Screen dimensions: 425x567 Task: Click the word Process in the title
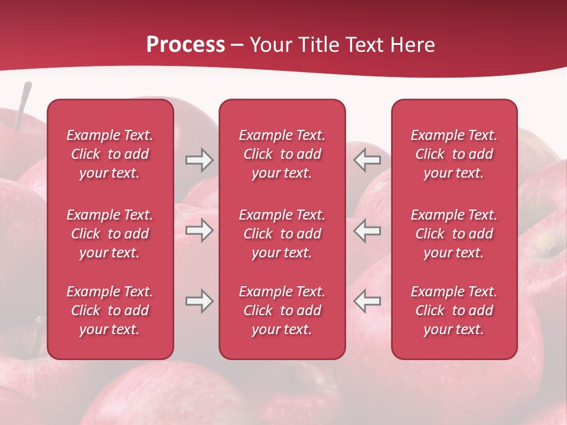(185, 45)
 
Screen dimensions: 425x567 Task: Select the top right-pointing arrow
(199, 160)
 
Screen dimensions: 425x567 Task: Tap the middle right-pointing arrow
(199, 230)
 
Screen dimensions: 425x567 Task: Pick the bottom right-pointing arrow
(199, 301)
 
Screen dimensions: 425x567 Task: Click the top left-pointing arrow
(367, 160)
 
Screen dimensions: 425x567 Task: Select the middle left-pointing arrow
(367, 230)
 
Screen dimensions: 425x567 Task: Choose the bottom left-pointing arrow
(367, 301)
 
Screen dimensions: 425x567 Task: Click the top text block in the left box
(110, 154)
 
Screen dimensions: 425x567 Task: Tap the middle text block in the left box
(110, 234)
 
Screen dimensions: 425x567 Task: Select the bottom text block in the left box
(110, 310)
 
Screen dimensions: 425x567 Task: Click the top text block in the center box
(282, 154)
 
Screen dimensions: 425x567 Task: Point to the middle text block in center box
(282, 234)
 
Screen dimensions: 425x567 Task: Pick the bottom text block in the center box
(282, 310)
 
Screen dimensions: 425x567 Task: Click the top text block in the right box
(454, 154)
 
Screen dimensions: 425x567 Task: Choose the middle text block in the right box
(454, 234)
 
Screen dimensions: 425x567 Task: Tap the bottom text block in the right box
(454, 310)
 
